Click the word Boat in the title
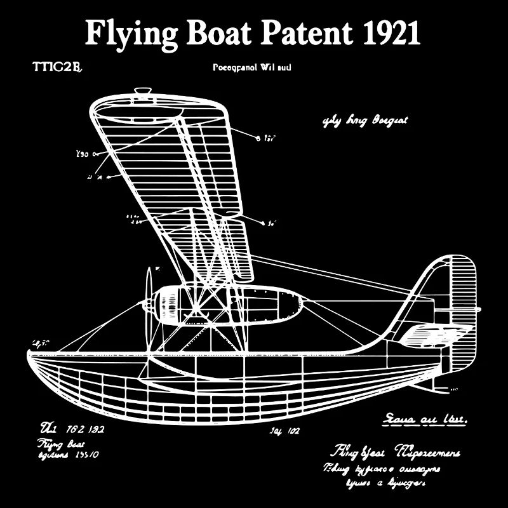pos(218,34)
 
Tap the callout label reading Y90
pos(83,153)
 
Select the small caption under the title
pos(251,67)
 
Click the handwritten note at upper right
pos(365,121)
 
